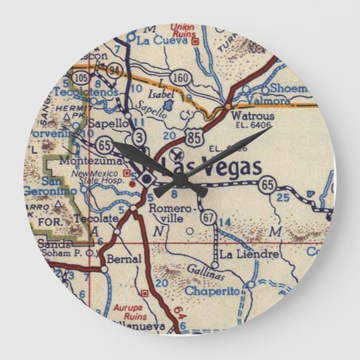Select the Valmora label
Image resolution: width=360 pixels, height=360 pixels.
[x=271, y=101]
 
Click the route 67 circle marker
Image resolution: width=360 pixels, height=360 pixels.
[x=209, y=216]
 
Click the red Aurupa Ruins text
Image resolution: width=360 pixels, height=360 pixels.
[x=130, y=311]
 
